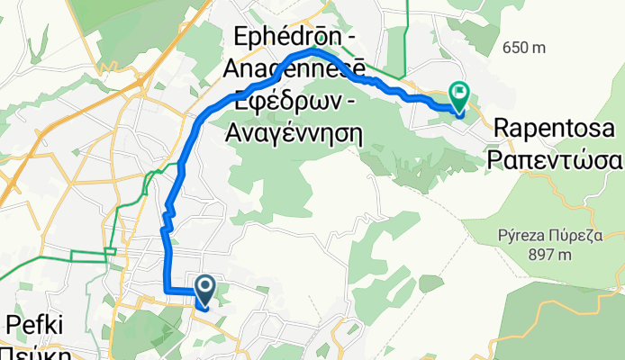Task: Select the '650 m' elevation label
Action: point(525,47)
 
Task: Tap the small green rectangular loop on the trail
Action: point(110,253)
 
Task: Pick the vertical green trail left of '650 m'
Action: point(406,27)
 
